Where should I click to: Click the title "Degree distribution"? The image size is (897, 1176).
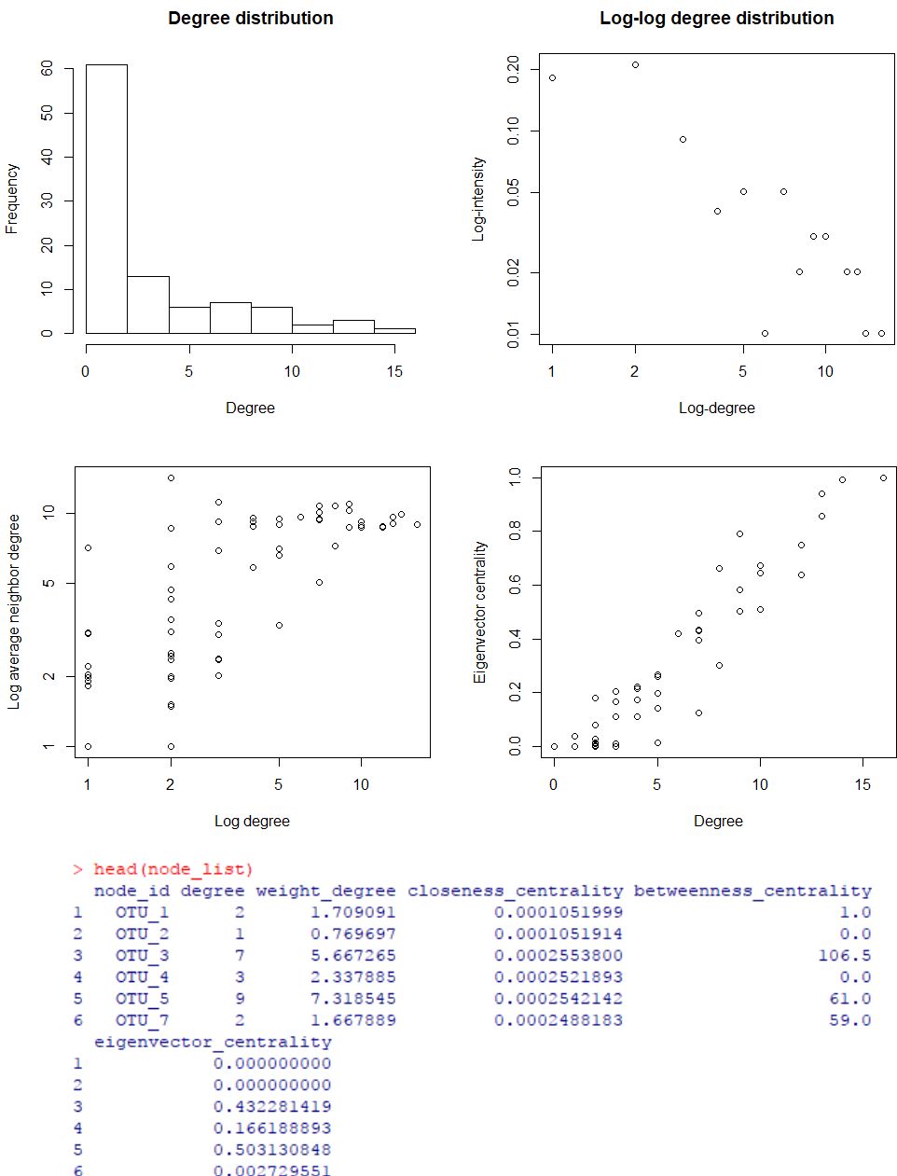coord(250,19)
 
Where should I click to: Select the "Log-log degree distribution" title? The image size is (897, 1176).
coord(716,19)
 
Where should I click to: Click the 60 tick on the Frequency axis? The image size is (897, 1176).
coord(48,69)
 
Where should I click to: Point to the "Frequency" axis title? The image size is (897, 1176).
coord(12,199)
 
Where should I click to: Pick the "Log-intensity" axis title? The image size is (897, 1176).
coord(478,199)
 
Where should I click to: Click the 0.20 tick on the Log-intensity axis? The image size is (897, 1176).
coord(514,69)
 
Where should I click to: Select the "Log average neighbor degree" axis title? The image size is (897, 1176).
coord(14,612)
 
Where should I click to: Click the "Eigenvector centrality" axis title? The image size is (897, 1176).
coord(480,612)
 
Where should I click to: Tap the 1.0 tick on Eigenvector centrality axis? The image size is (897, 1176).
coord(514,477)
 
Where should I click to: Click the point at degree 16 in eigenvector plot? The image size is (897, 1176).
coord(883,477)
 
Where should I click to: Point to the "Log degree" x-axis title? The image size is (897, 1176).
coord(252,822)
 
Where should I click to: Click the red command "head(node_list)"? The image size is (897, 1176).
coord(172,869)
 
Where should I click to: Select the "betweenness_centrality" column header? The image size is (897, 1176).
coord(752,891)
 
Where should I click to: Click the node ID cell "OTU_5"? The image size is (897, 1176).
coord(142,998)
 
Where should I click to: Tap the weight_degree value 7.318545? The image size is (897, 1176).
coord(352,998)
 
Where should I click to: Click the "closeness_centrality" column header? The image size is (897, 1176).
coord(515,891)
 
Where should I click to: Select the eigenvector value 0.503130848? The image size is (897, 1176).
coord(271,1149)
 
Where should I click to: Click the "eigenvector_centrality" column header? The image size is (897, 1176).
coord(213,1042)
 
